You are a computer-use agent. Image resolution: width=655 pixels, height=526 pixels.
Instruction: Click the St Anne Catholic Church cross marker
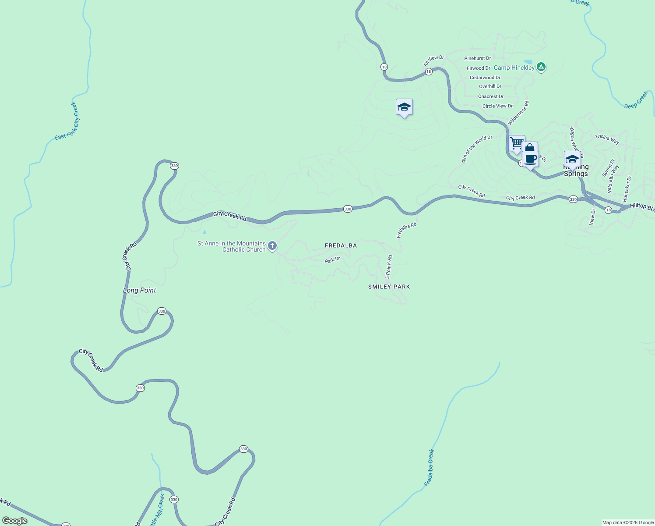coord(272,245)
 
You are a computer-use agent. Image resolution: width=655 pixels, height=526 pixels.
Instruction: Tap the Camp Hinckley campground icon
coord(541,67)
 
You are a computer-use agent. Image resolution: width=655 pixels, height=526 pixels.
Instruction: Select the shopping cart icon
coord(517,143)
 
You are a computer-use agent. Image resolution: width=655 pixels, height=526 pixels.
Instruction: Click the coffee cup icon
coord(531,159)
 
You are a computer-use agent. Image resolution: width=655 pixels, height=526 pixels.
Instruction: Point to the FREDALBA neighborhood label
coord(341,245)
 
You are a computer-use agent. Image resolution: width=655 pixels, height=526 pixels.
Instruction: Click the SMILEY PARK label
coord(389,287)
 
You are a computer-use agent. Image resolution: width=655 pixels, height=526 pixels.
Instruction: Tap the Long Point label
coord(139,290)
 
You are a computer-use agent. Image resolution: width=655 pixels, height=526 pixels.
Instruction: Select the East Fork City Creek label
coord(67,121)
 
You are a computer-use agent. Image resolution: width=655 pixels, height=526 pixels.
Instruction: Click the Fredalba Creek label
coord(429,468)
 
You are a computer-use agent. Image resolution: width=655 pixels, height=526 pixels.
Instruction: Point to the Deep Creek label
coord(636,100)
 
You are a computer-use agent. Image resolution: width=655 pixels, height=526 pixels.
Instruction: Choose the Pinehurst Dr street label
coord(477,58)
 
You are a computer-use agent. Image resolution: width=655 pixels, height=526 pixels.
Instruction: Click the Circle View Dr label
coord(497,106)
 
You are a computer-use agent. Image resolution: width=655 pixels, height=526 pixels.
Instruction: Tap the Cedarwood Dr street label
coord(485,78)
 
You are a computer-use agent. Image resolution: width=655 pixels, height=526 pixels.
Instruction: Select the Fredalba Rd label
coord(406,230)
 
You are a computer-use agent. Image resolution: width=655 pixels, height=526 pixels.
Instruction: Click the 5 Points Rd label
coord(389,267)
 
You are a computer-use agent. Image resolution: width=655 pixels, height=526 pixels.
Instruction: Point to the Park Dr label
coord(332,260)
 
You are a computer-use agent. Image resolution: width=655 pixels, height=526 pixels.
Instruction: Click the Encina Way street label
coord(607,139)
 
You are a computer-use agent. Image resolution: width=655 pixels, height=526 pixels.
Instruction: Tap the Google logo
coord(15,521)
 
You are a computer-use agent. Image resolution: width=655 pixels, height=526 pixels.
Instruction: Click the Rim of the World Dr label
coord(477,149)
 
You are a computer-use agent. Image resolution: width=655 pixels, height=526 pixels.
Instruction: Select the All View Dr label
coord(433,61)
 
